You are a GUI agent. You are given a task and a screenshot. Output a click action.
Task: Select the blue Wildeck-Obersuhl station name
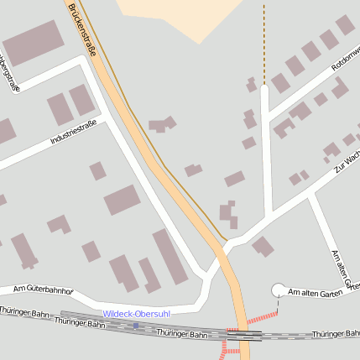click(x=136, y=314)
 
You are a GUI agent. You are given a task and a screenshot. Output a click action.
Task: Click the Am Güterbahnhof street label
click(x=44, y=290)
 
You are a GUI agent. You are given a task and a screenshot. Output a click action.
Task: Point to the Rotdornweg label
click(x=344, y=57)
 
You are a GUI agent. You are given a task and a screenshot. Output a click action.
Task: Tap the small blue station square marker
click(x=135, y=325)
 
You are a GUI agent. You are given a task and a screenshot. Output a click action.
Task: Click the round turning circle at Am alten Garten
click(x=279, y=290)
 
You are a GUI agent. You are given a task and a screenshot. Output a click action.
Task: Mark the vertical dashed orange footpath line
click(x=263, y=42)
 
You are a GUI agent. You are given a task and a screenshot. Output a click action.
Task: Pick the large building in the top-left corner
click(x=33, y=43)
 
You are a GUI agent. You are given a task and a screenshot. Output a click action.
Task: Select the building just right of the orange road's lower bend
click(x=262, y=246)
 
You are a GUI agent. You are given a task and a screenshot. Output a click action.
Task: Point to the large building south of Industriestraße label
click(x=122, y=201)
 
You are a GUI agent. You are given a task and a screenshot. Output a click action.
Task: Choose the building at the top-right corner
click(x=345, y=25)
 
